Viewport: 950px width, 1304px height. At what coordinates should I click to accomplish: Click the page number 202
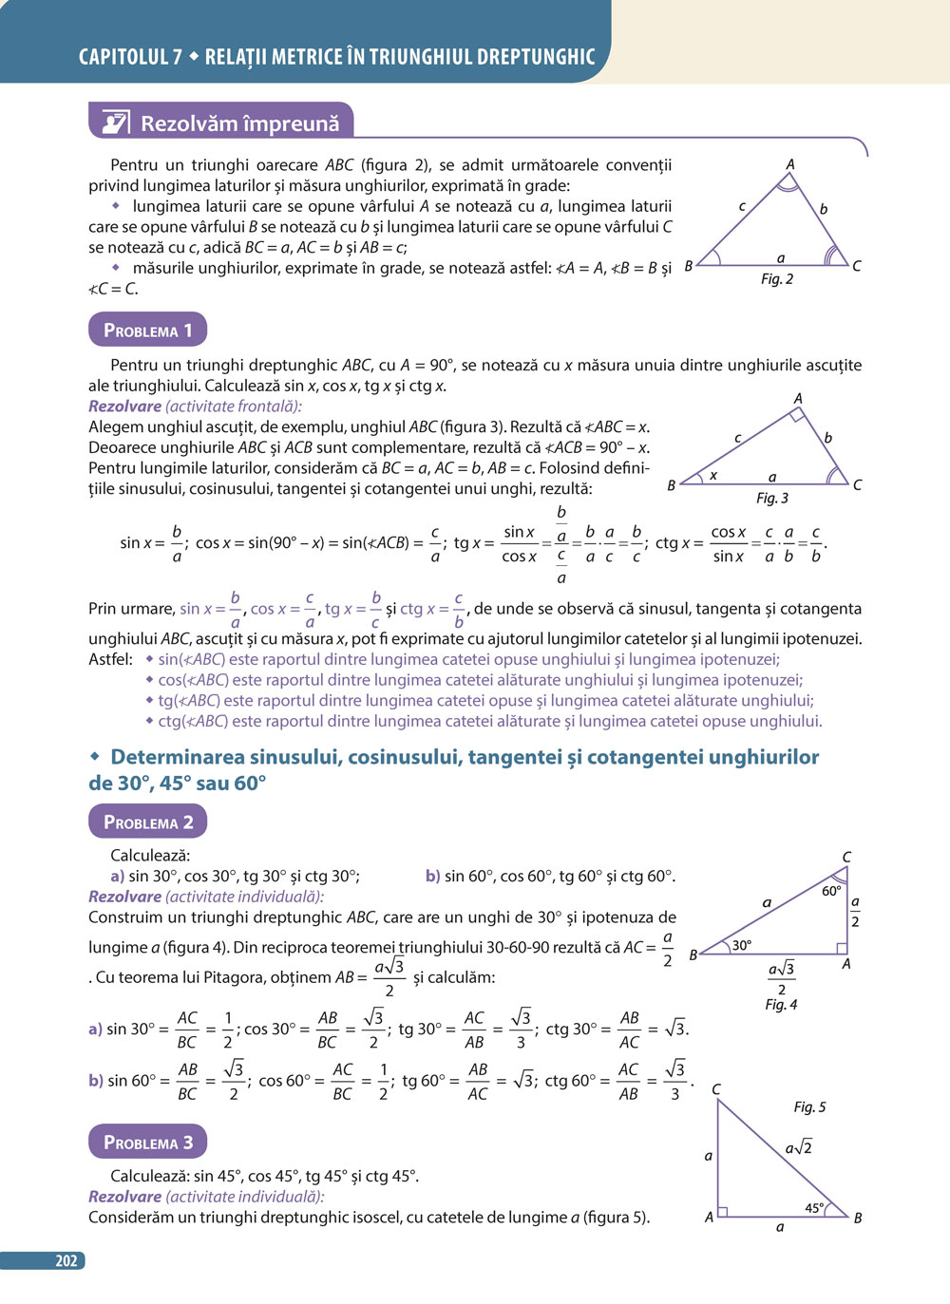[66, 1260]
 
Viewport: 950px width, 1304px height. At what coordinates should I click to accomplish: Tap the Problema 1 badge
[147, 330]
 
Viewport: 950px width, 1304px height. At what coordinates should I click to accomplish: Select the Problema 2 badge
[147, 822]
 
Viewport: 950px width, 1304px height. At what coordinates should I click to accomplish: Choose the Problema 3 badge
[147, 1142]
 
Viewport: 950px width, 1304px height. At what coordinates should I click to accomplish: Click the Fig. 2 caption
[776, 279]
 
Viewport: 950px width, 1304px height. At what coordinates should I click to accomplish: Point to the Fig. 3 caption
[771, 498]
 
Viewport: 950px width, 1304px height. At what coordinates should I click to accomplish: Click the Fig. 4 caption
[781, 1004]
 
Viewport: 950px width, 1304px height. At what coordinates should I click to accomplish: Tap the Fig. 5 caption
[809, 1106]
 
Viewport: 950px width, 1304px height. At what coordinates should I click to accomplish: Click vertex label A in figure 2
[789, 164]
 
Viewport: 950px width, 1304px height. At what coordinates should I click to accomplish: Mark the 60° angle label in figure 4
[831, 891]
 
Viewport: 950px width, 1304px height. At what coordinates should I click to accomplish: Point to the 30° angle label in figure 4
[742, 945]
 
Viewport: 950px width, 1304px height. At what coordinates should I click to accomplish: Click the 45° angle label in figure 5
[815, 1208]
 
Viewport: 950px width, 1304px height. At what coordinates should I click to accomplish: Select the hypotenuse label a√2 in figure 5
[798, 1147]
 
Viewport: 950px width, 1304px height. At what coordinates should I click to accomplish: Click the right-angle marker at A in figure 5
[723, 1211]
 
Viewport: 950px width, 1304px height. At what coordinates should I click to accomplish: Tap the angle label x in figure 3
[713, 475]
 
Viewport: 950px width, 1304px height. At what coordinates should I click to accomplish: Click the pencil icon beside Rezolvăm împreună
[115, 123]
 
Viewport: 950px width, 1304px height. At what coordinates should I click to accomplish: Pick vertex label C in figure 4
[846, 857]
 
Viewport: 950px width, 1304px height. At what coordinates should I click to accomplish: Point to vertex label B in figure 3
[671, 485]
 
